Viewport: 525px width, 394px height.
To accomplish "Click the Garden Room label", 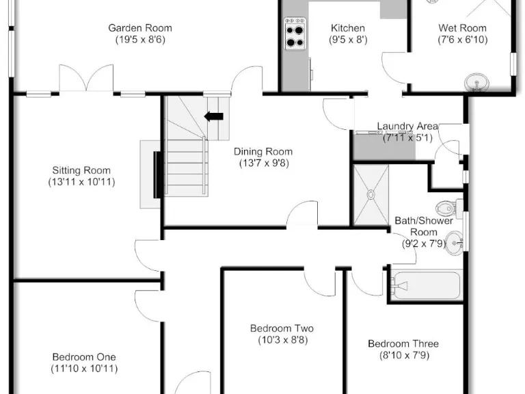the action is tap(140, 28).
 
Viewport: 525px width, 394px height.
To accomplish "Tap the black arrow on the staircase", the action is tap(213, 116).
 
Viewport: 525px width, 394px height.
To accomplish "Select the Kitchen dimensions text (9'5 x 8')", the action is tap(348, 40).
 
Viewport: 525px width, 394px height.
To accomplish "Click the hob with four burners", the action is tap(295, 34).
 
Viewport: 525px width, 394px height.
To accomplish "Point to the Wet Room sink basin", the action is tap(476, 82).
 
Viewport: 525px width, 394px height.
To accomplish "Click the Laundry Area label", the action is tap(407, 127).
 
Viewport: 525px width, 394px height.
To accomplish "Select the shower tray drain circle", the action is tap(371, 194).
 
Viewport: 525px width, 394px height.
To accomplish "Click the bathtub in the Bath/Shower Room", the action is tap(426, 285).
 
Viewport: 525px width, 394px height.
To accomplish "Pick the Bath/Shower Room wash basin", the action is tap(455, 244).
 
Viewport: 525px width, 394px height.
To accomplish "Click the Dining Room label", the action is tap(263, 151).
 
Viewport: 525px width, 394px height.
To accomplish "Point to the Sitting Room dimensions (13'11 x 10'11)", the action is tap(82, 182).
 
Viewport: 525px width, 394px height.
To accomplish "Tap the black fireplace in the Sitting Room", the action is tap(157, 174).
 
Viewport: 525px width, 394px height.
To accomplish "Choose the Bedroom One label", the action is tap(84, 357).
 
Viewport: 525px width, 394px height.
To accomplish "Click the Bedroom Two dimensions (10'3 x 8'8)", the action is tap(283, 340).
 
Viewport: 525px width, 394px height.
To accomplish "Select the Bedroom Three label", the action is tap(403, 343).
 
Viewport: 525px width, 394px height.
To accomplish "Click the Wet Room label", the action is tap(462, 28).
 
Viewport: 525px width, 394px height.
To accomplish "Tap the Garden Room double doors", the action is tap(86, 78).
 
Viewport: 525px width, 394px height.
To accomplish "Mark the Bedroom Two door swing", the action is tap(320, 283).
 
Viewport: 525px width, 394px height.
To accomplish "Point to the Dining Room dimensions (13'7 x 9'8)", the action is tap(264, 163).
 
